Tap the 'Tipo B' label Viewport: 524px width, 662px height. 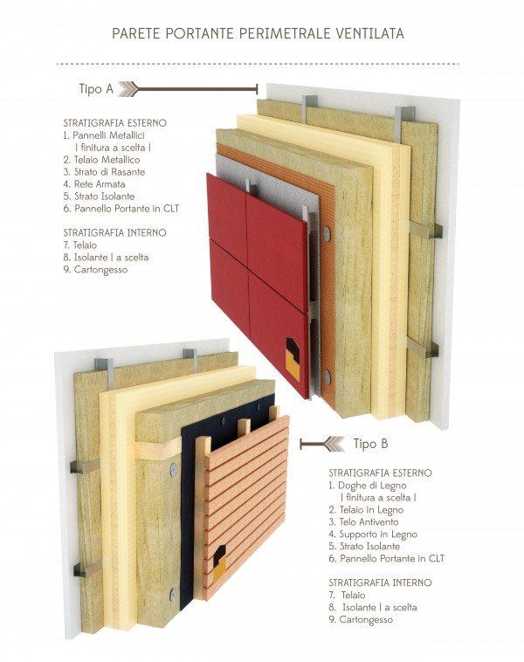pos(370,444)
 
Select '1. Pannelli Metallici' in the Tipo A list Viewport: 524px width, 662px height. pos(103,136)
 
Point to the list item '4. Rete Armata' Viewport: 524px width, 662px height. pos(94,184)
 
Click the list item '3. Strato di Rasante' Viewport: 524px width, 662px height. pos(104,172)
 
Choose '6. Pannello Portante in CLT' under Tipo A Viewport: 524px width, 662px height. pos(119,209)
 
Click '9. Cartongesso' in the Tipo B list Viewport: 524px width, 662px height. pos(361,619)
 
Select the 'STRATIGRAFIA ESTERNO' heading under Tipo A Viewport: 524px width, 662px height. pos(114,124)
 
